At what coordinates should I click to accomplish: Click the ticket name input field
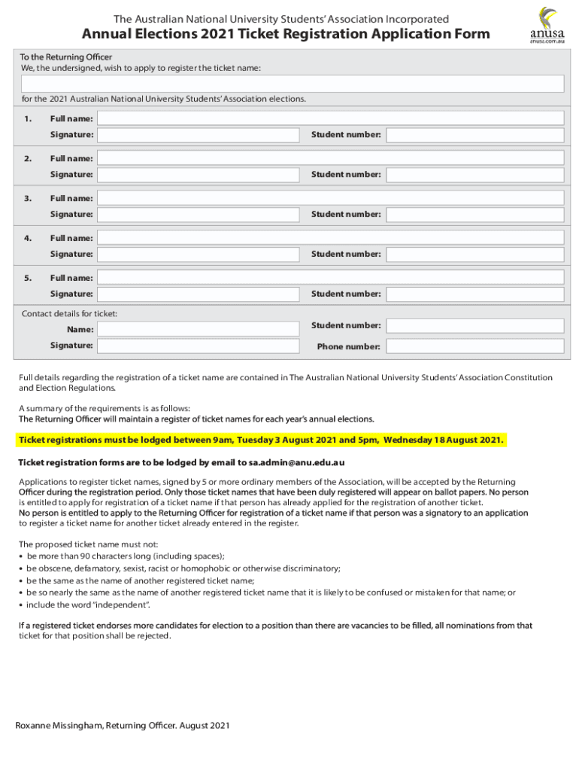(293, 83)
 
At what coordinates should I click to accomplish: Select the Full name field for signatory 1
(331, 118)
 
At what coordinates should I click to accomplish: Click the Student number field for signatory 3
(474, 215)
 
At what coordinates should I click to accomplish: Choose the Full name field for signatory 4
(331, 238)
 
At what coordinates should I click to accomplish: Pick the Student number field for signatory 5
(474, 294)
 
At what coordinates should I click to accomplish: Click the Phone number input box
(474, 347)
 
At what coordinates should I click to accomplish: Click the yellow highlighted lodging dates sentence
(261, 440)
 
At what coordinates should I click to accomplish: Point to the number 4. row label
(28, 238)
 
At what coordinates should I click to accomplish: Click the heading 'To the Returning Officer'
(66, 57)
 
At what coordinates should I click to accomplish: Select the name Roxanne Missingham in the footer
(59, 726)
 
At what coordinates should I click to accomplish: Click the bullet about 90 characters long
(125, 556)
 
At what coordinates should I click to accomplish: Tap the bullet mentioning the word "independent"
(89, 605)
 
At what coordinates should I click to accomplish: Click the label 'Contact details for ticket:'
(69, 313)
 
